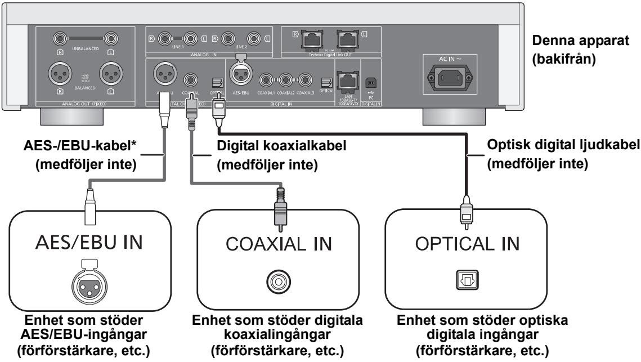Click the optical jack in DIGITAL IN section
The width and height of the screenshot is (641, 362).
(326, 82)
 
